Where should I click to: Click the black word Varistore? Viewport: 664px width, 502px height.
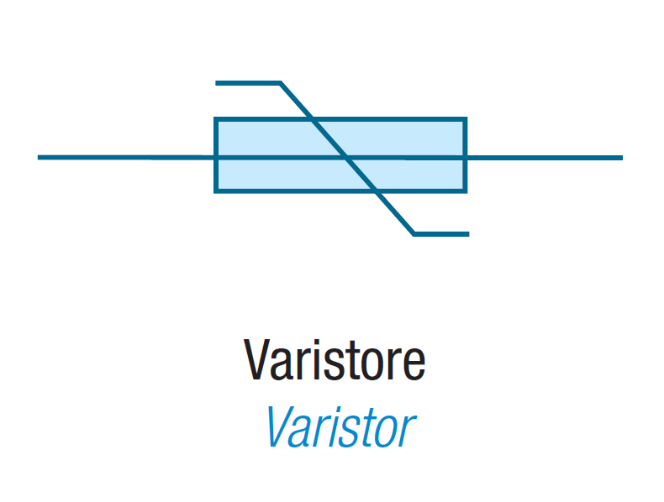335,361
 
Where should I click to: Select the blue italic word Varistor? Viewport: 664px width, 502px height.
339,427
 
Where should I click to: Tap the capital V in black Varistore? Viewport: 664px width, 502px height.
257,361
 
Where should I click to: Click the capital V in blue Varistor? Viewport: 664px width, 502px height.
280,427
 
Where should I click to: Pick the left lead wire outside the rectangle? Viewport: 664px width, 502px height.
126,157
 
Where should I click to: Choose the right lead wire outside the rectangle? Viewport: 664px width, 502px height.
544,157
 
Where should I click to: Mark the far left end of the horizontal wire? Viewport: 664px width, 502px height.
40,157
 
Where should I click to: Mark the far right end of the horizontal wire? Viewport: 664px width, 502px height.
620,157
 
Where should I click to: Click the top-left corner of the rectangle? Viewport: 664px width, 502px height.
216,120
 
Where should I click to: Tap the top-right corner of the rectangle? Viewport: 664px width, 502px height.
465,120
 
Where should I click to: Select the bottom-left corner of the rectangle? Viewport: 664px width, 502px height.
216,191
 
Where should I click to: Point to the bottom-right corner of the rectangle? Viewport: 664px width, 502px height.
465,191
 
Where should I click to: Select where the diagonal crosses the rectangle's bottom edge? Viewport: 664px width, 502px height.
377,191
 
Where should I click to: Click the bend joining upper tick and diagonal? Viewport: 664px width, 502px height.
281,83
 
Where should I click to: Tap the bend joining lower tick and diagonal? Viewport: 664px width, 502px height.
414,233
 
